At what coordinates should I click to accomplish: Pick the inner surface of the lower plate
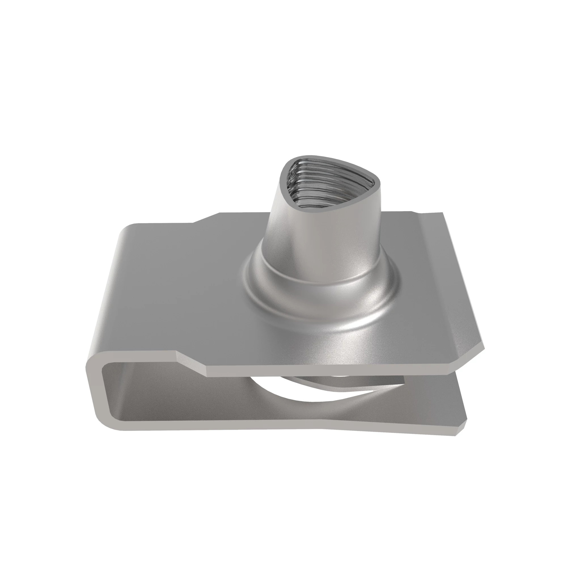coord(206,405)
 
